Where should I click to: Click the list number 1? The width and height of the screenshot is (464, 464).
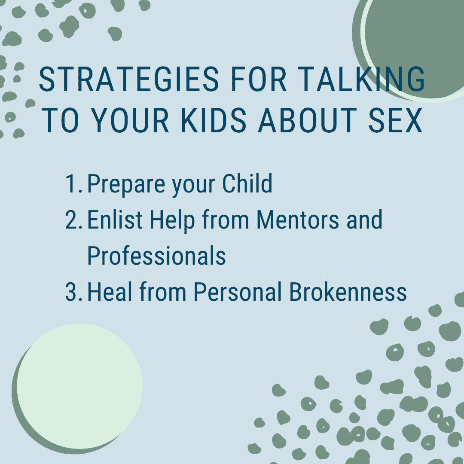[73, 183]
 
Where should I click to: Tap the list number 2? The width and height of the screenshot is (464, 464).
[73, 220]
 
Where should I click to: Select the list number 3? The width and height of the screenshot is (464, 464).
[73, 292]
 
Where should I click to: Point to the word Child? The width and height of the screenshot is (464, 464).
[247, 183]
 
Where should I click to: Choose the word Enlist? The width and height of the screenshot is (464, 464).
[115, 220]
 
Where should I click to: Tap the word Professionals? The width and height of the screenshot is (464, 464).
[156, 256]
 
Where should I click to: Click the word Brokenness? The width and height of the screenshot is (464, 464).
[348, 292]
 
